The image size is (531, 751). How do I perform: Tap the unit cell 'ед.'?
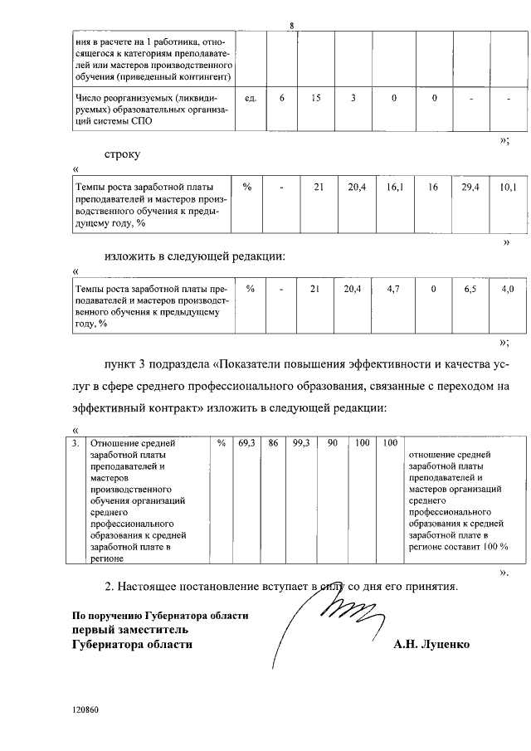[x=251, y=99]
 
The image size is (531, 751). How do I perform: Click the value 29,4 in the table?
[x=470, y=188]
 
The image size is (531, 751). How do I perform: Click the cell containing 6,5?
[x=470, y=288]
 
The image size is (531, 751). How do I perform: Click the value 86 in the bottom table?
[x=272, y=444]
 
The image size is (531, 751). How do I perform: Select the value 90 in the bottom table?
[x=332, y=444]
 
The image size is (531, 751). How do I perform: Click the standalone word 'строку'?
[x=123, y=154]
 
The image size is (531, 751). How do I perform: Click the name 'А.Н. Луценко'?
[x=431, y=644]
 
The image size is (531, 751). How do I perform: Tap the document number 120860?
[x=85, y=711]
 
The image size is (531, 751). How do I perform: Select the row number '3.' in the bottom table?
[x=76, y=444]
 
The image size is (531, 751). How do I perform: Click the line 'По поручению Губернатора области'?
[x=159, y=616]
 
